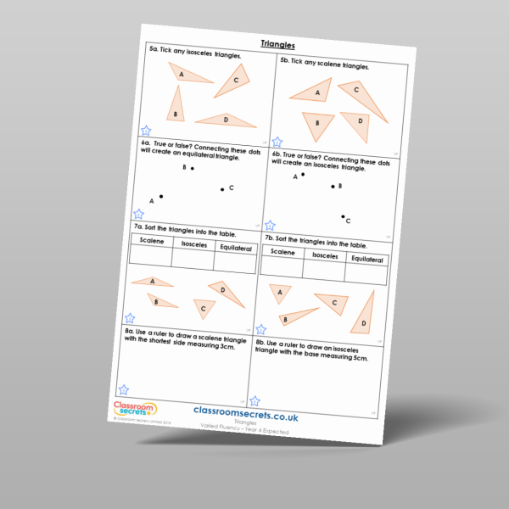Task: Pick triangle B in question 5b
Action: point(318,125)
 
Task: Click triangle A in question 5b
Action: point(314,92)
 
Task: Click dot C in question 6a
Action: point(223,189)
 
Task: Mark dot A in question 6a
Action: point(161,197)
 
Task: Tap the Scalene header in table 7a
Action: point(151,241)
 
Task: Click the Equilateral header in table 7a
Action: point(235,248)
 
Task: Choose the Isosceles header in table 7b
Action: point(327,255)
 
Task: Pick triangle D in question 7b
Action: point(364,313)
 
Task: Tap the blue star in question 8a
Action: point(124,389)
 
